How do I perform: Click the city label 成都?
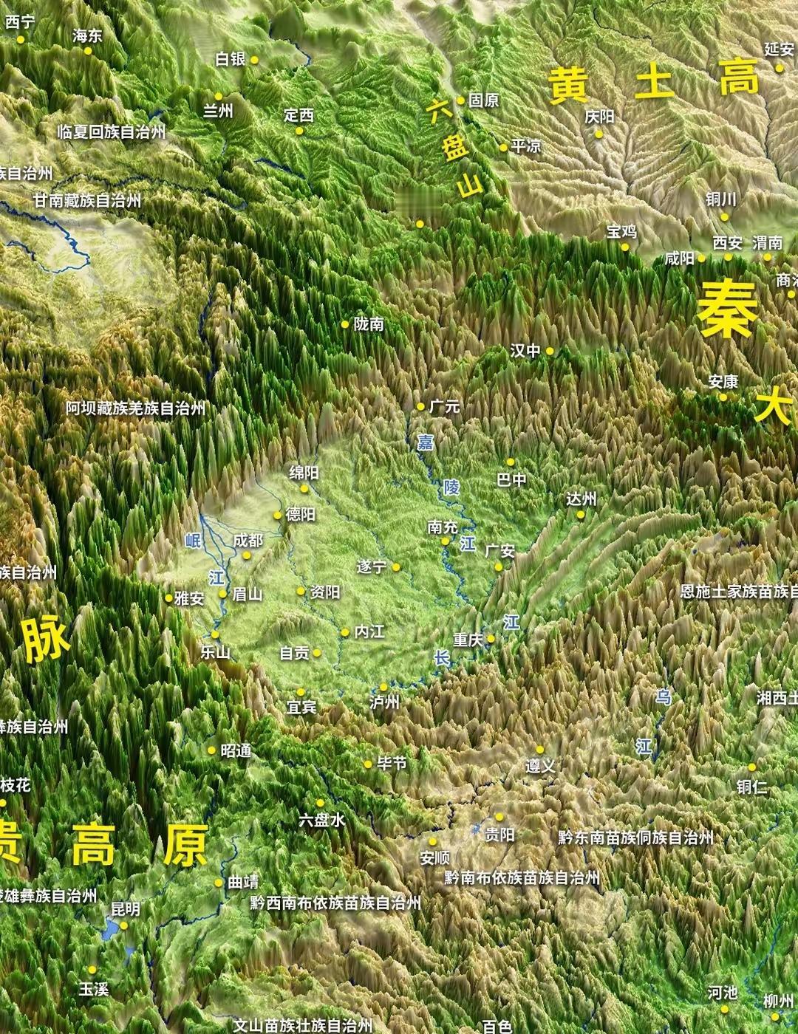click(248, 541)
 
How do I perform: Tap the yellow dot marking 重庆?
click(491, 639)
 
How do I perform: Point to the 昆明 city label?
click(125, 908)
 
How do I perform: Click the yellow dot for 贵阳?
click(499, 818)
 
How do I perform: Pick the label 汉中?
click(525, 351)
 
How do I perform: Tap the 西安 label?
click(727, 242)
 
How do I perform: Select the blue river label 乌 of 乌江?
click(663, 696)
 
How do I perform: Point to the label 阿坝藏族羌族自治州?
click(135, 408)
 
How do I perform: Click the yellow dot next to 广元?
click(420, 406)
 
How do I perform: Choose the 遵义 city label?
click(540, 767)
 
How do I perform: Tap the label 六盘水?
click(321, 820)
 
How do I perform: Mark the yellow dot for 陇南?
click(345, 324)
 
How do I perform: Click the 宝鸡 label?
click(621, 231)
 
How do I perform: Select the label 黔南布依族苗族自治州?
click(522, 877)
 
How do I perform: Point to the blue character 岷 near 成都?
click(193, 541)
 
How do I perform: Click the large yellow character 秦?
click(727, 309)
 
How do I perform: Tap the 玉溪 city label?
click(94, 988)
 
